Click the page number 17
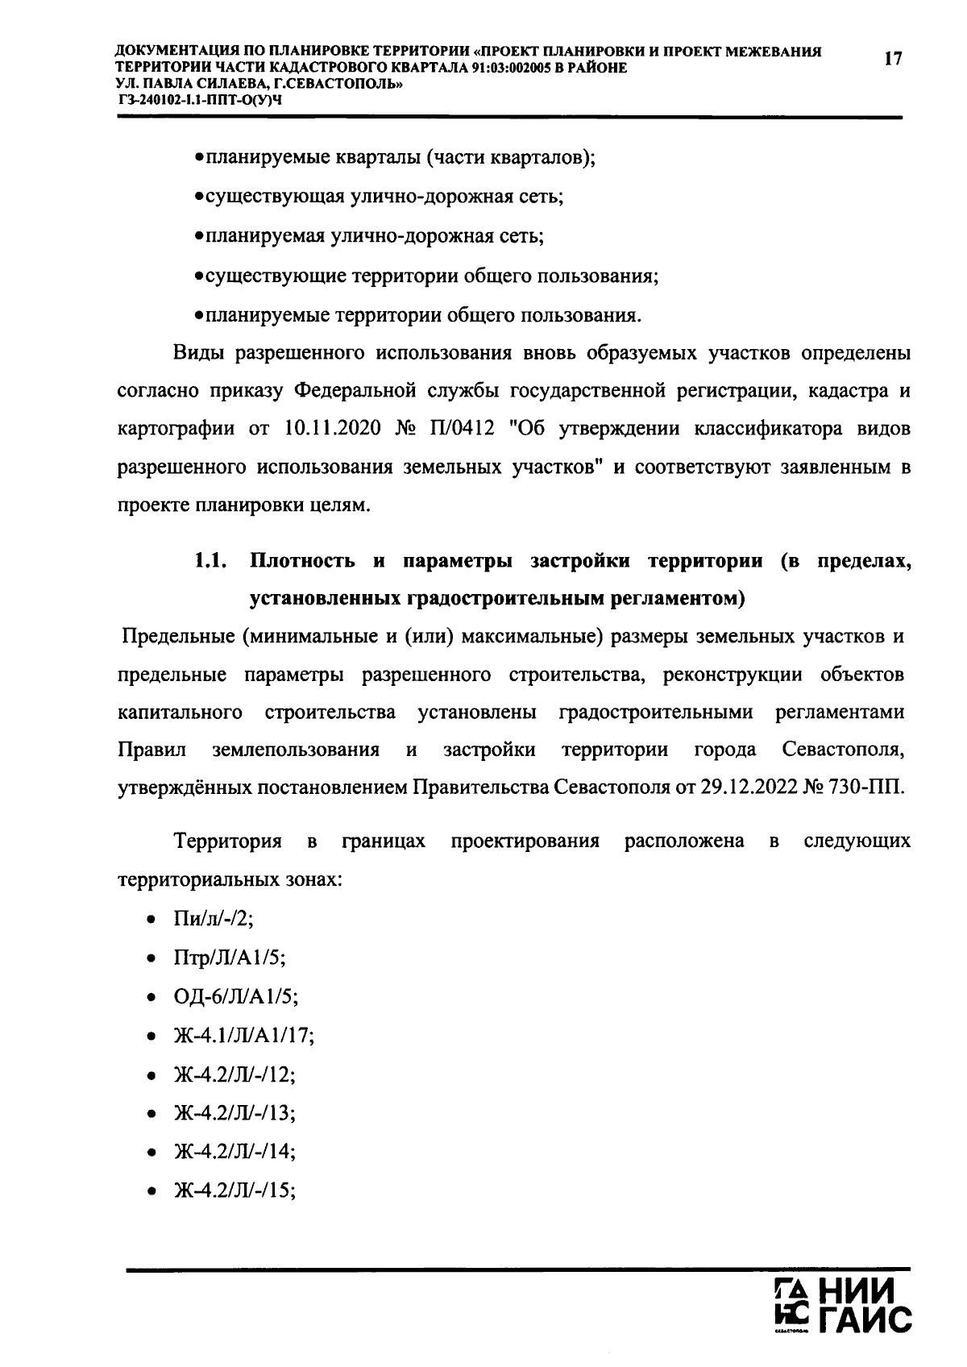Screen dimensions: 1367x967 pyautogui.click(x=892, y=59)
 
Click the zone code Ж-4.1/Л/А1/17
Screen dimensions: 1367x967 pyautogui.click(x=243, y=1036)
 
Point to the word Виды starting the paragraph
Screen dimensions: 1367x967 pyautogui.click(x=197, y=353)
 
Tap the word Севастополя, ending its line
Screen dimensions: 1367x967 pyautogui.click(x=843, y=750)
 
